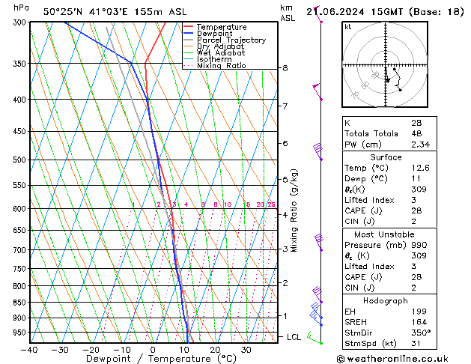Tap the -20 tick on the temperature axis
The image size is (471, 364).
coord(91,349)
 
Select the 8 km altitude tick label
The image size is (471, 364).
coord(285,68)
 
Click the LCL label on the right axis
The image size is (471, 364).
coord(294,337)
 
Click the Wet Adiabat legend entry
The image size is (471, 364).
coord(221,53)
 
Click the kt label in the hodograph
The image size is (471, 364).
coord(348,26)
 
